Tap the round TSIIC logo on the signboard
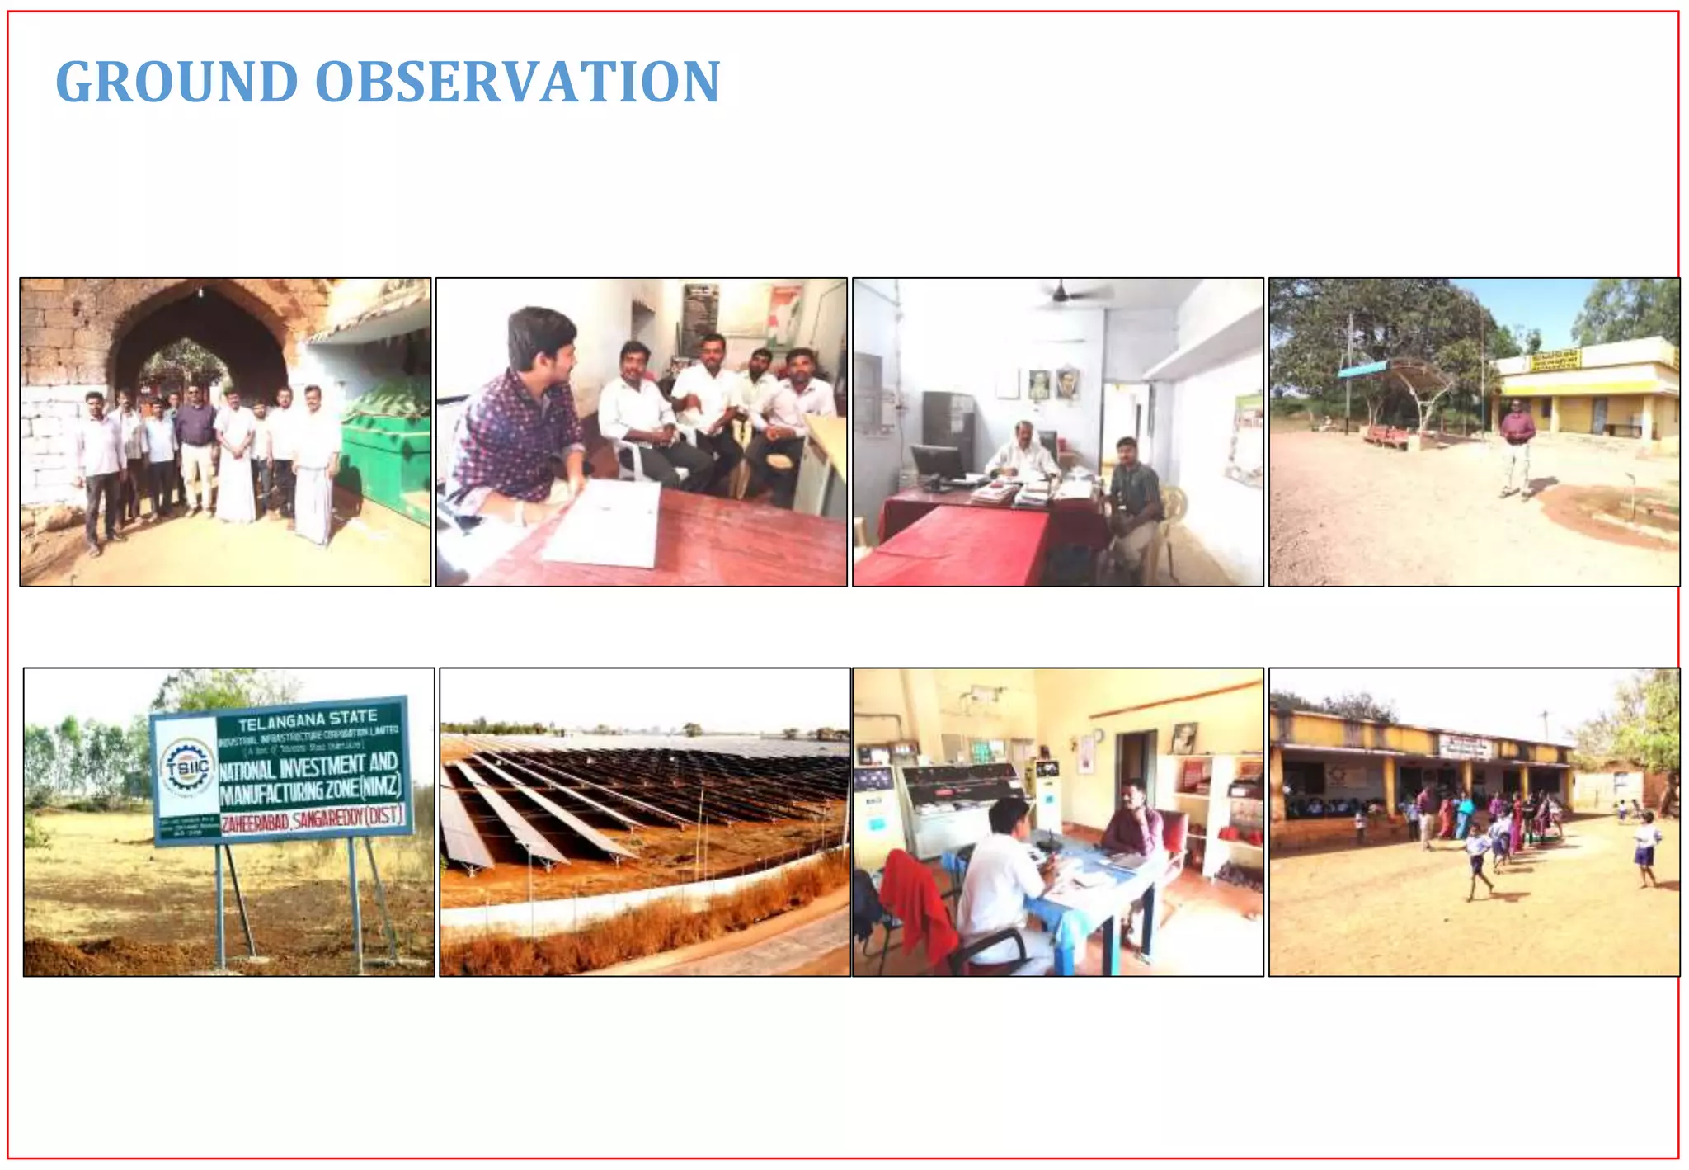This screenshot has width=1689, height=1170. tap(187, 768)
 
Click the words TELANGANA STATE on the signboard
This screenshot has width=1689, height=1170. tap(307, 720)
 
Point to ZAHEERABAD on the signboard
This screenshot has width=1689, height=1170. tap(255, 822)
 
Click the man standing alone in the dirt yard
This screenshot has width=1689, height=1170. tap(1517, 446)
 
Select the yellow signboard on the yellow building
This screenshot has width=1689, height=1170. tap(1555, 361)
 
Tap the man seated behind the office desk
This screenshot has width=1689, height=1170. tap(1023, 453)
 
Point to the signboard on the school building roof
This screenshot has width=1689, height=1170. tap(1466, 746)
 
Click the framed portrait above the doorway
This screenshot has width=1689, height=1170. tap(1184, 738)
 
